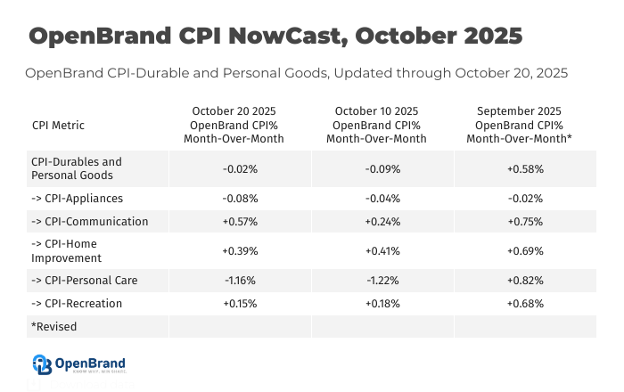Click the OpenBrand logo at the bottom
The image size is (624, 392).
79,363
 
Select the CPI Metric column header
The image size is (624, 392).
58,126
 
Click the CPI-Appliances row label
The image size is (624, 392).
77,199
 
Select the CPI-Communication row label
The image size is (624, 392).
89,222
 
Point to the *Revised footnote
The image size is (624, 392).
54,327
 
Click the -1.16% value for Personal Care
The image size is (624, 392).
239,281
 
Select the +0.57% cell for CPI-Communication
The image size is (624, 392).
239,222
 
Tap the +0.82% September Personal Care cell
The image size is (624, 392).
525,281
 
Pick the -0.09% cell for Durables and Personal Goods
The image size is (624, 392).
382,168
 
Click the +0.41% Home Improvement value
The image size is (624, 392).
382,251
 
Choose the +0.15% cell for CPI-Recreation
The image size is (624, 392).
239,304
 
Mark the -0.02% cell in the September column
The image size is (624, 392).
525,199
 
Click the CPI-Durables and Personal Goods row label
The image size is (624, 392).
77,168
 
